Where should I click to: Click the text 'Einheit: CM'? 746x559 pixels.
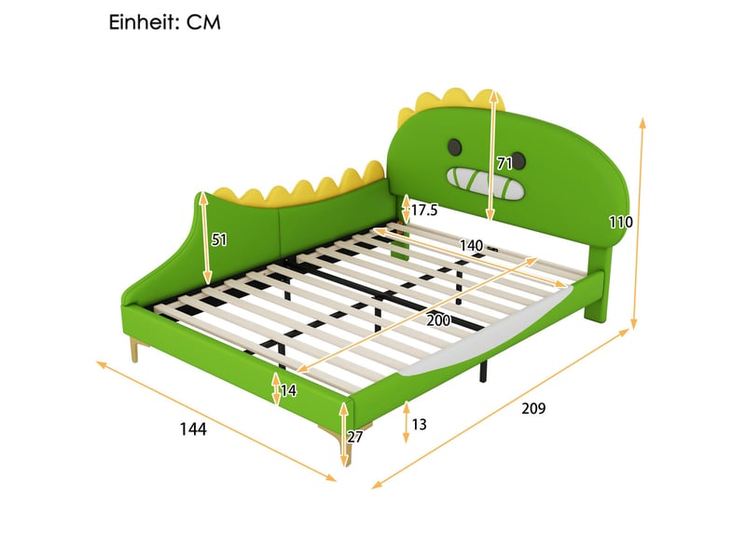coord(165,22)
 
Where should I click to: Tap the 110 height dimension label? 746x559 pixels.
coord(621,222)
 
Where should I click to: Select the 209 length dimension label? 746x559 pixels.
coord(533,408)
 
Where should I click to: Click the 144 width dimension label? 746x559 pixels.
coord(193,429)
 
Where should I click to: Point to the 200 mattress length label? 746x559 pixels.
coord(438,320)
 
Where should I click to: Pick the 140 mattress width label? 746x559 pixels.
coord(471,245)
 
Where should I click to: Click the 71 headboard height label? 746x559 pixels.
coord(504,164)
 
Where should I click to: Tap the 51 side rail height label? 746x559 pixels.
coord(219,240)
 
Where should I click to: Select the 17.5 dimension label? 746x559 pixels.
coord(424,210)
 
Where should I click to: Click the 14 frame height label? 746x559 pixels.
coord(288,390)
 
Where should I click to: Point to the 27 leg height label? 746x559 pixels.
coord(355,436)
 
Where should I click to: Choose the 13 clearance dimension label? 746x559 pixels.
coord(419,424)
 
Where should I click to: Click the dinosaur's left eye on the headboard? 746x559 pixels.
coord(455,147)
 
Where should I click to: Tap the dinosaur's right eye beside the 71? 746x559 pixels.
coord(518,161)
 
